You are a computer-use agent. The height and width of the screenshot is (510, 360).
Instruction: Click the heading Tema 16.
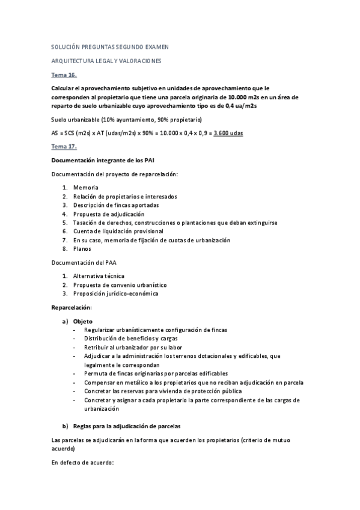tap(64, 75)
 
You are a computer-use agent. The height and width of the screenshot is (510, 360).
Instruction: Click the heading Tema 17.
tap(64, 146)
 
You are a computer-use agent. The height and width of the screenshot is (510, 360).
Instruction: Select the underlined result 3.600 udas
tap(228, 132)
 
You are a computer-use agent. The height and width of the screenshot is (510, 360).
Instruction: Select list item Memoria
tap(86, 188)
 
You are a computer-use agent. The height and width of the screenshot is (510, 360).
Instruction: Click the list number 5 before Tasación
tap(65, 223)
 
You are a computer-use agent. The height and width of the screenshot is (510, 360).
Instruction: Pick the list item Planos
tap(84, 248)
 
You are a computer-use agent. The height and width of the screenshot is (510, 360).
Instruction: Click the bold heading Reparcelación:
tap(72, 307)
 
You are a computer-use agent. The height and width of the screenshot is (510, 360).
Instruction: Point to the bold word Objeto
tap(82, 321)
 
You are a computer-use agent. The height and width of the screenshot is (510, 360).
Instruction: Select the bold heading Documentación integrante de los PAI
tap(106, 159)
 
